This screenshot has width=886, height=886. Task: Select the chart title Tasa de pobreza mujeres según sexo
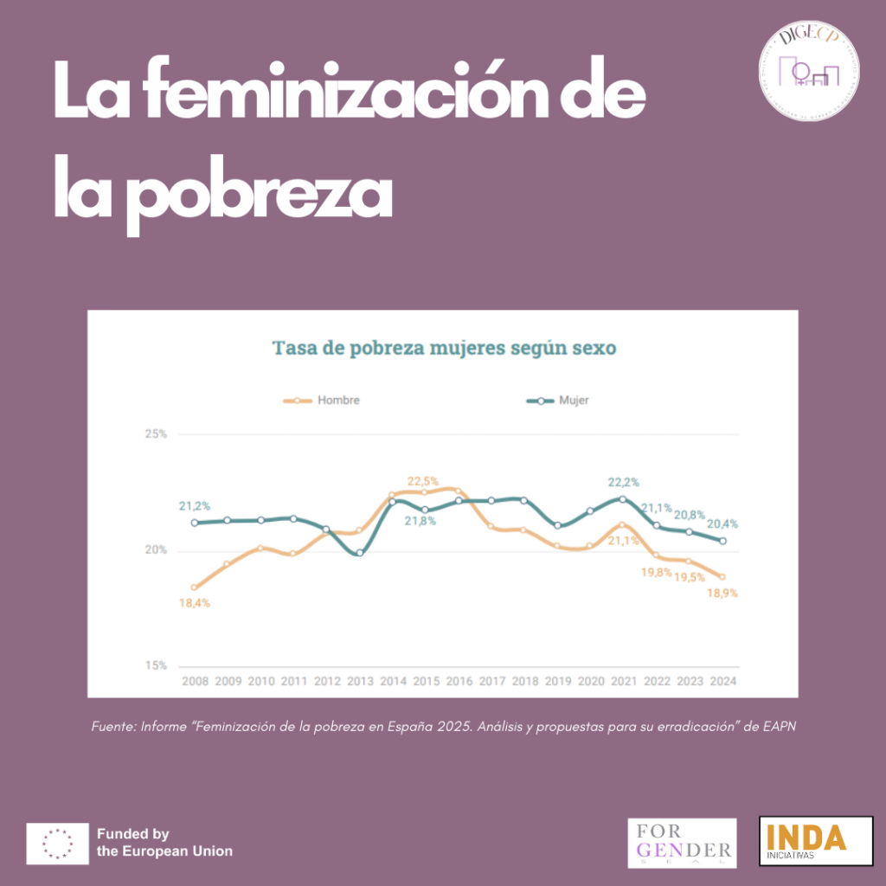click(444, 348)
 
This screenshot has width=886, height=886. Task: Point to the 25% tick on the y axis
click(156, 434)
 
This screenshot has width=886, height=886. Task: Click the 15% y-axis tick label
click(156, 666)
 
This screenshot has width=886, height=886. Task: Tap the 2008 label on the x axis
click(194, 681)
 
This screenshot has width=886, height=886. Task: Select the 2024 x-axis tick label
click(722, 681)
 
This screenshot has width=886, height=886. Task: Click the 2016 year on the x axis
click(459, 681)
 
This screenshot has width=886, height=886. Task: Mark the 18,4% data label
click(194, 603)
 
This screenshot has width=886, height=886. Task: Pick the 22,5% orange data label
click(423, 481)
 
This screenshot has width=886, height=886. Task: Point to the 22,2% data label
click(623, 482)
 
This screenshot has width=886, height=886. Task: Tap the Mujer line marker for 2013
click(359, 553)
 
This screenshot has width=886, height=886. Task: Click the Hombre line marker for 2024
click(722, 577)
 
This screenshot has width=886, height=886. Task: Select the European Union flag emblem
click(57, 844)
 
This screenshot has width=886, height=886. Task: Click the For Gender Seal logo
click(682, 843)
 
